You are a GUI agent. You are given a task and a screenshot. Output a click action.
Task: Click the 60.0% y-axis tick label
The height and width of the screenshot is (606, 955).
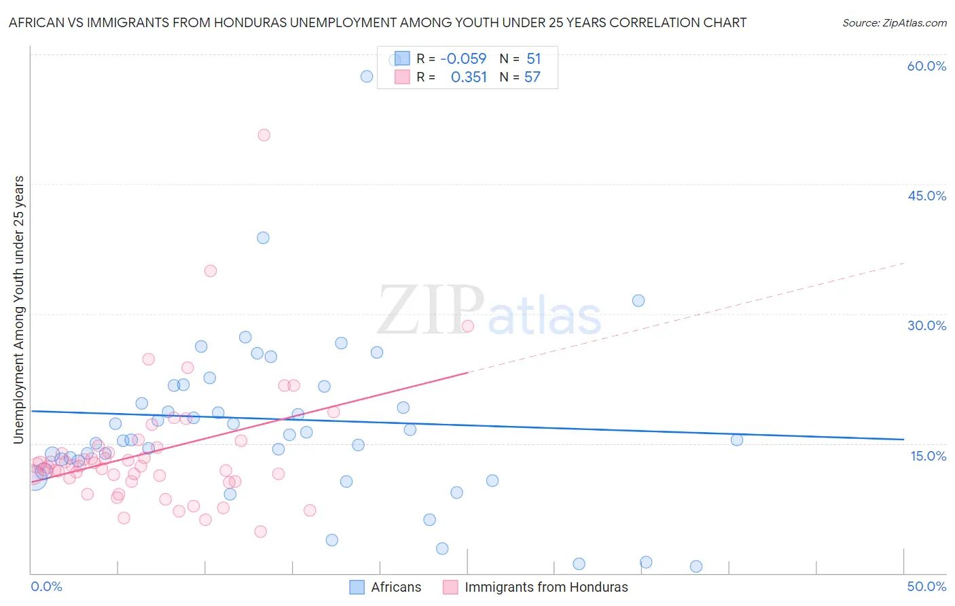click(926, 66)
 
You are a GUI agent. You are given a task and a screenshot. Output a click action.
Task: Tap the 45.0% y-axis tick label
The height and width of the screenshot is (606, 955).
click(926, 196)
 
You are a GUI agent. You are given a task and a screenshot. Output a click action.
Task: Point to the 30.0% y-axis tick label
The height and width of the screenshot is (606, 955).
click(926, 325)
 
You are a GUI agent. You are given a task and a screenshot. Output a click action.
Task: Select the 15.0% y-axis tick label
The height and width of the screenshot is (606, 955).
click(928, 456)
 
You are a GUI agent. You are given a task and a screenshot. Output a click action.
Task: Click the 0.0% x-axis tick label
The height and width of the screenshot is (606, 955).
click(46, 586)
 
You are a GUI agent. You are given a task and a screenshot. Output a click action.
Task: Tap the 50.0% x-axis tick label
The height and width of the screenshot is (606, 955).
click(926, 586)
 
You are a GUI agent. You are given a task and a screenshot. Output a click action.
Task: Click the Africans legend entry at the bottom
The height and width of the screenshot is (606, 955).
click(385, 587)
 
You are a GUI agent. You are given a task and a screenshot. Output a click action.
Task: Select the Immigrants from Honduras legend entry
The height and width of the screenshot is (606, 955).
click(535, 587)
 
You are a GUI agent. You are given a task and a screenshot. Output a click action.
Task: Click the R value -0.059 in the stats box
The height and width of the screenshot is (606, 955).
click(463, 58)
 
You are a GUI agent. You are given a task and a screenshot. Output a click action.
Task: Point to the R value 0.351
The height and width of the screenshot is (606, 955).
click(469, 77)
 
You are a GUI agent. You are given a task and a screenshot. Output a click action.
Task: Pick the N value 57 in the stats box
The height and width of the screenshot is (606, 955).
click(533, 77)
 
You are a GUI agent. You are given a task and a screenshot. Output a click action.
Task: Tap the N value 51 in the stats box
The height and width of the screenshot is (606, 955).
click(534, 58)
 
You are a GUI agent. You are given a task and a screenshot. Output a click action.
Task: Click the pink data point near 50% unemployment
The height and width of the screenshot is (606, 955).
click(264, 135)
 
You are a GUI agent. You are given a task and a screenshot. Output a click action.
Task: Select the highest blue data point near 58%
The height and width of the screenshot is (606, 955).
click(367, 76)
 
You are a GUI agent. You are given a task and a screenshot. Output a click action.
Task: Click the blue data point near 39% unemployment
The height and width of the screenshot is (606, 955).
click(263, 238)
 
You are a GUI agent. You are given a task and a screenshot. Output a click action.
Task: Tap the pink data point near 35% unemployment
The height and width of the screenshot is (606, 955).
click(211, 271)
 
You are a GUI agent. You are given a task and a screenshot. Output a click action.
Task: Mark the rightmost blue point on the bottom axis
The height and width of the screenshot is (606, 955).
click(696, 567)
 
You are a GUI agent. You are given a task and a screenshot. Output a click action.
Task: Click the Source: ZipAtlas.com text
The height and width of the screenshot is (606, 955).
click(894, 22)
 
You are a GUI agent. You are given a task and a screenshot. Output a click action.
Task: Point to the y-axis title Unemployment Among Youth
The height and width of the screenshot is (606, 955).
click(18, 310)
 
